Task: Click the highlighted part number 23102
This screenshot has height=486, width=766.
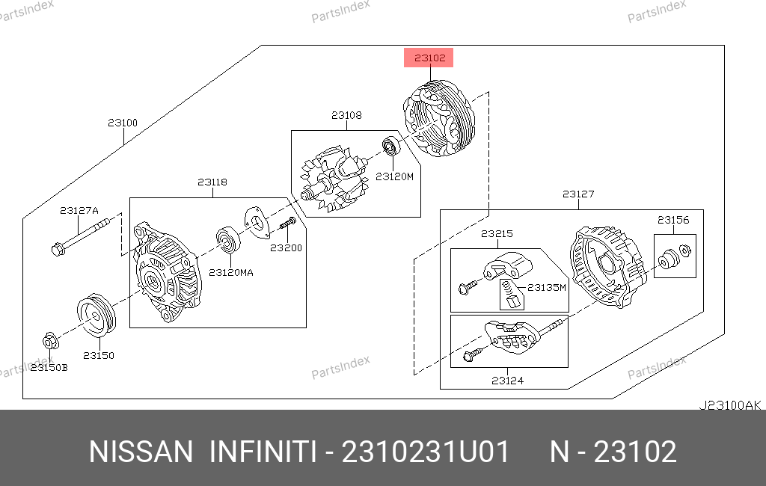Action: point(429,58)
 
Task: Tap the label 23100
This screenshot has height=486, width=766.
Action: point(123,123)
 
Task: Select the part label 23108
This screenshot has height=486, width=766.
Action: point(346,115)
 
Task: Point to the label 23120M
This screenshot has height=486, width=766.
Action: point(394,176)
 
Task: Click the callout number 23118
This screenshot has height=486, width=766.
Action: point(212,182)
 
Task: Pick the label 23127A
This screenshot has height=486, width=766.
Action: point(79,211)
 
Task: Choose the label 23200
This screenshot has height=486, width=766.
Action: point(287,247)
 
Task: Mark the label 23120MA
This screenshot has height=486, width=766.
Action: point(231,273)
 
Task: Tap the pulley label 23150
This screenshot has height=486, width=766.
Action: point(99,356)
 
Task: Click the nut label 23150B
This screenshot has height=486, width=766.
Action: point(49,367)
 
